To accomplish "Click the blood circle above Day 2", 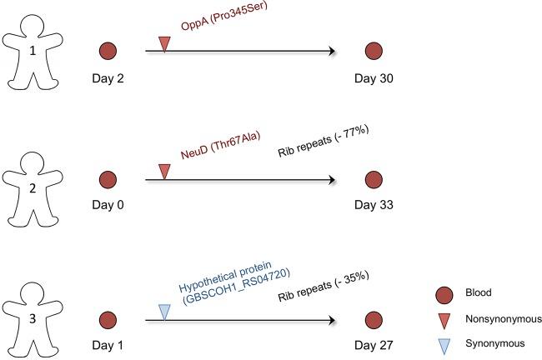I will [x=107, y=52].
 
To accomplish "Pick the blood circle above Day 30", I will [x=373, y=52].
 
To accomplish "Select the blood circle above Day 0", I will [x=107, y=179].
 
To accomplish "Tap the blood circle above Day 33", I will [x=373, y=179].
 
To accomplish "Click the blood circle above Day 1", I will [x=107, y=318].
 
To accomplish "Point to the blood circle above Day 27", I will [x=373, y=318].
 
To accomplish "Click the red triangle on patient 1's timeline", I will [x=164, y=44].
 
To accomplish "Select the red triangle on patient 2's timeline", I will [x=164, y=172].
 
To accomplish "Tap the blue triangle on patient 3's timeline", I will [x=164, y=311].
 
